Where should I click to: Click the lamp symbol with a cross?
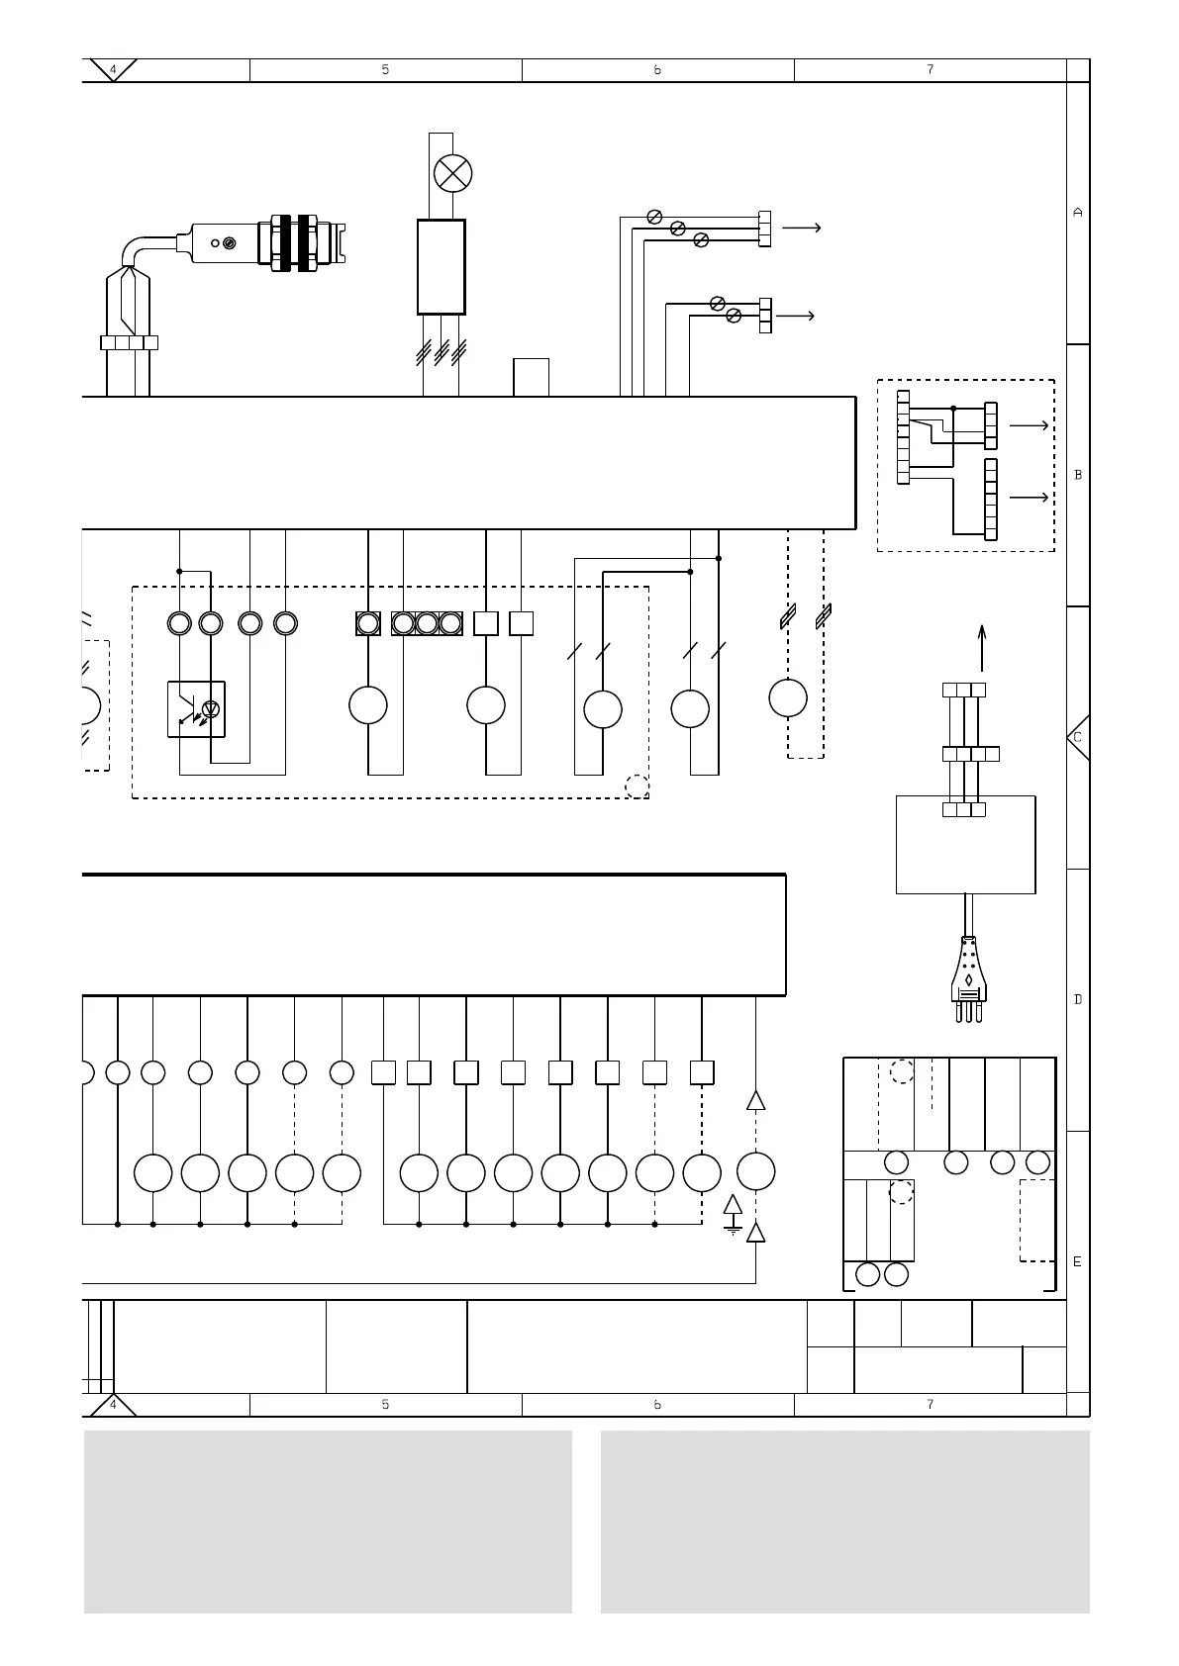[453, 174]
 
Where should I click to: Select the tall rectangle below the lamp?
[442, 266]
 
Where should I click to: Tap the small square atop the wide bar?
[531, 377]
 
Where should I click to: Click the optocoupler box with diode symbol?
[196, 708]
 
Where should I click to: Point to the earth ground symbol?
[733, 1216]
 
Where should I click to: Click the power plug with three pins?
[967, 979]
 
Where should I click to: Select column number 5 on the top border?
[385, 70]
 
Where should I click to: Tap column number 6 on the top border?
[657, 70]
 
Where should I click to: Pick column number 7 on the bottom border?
[930, 1404]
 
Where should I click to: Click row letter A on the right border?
[1078, 213]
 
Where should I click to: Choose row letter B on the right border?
[1078, 475]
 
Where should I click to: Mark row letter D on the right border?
[1078, 999]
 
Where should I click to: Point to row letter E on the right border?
[1078, 1261]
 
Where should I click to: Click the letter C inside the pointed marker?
[1077, 737]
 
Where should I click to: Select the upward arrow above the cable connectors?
[982, 648]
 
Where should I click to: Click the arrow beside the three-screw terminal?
[801, 228]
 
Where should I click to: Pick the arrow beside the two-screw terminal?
[796, 316]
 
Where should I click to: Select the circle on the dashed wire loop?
[788, 697]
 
